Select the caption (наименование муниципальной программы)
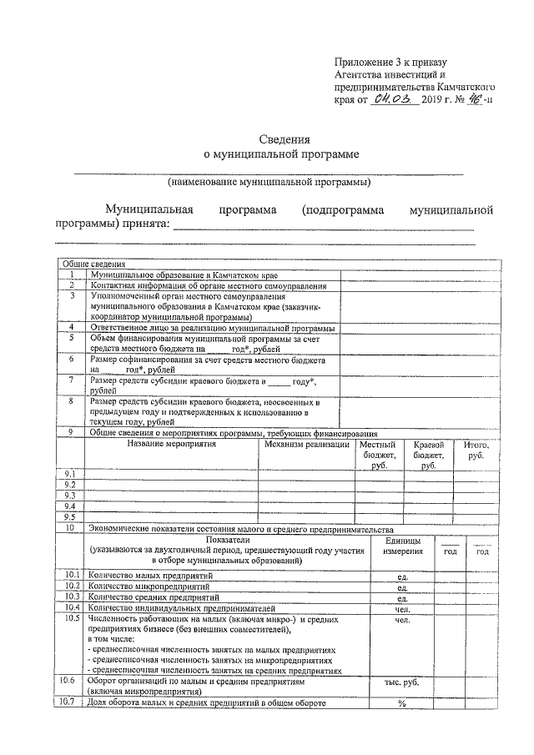pyautogui.click(x=269, y=181)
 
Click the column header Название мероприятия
pyautogui.click(x=171, y=444)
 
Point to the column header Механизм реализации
pyautogui.click(x=306, y=444)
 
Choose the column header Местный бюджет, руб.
pyautogui.click(x=379, y=455)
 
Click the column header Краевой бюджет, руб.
pyautogui.click(x=428, y=455)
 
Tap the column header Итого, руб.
pyautogui.click(x=476, y=450)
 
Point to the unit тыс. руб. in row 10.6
pyautogui.click(x=401, y=682)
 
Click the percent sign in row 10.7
pyautogui.click(x=401, y=702)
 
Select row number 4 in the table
pyautogui.click(x=73, y=328)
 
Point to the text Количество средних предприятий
pyautogui.click(x=151, y=597)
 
